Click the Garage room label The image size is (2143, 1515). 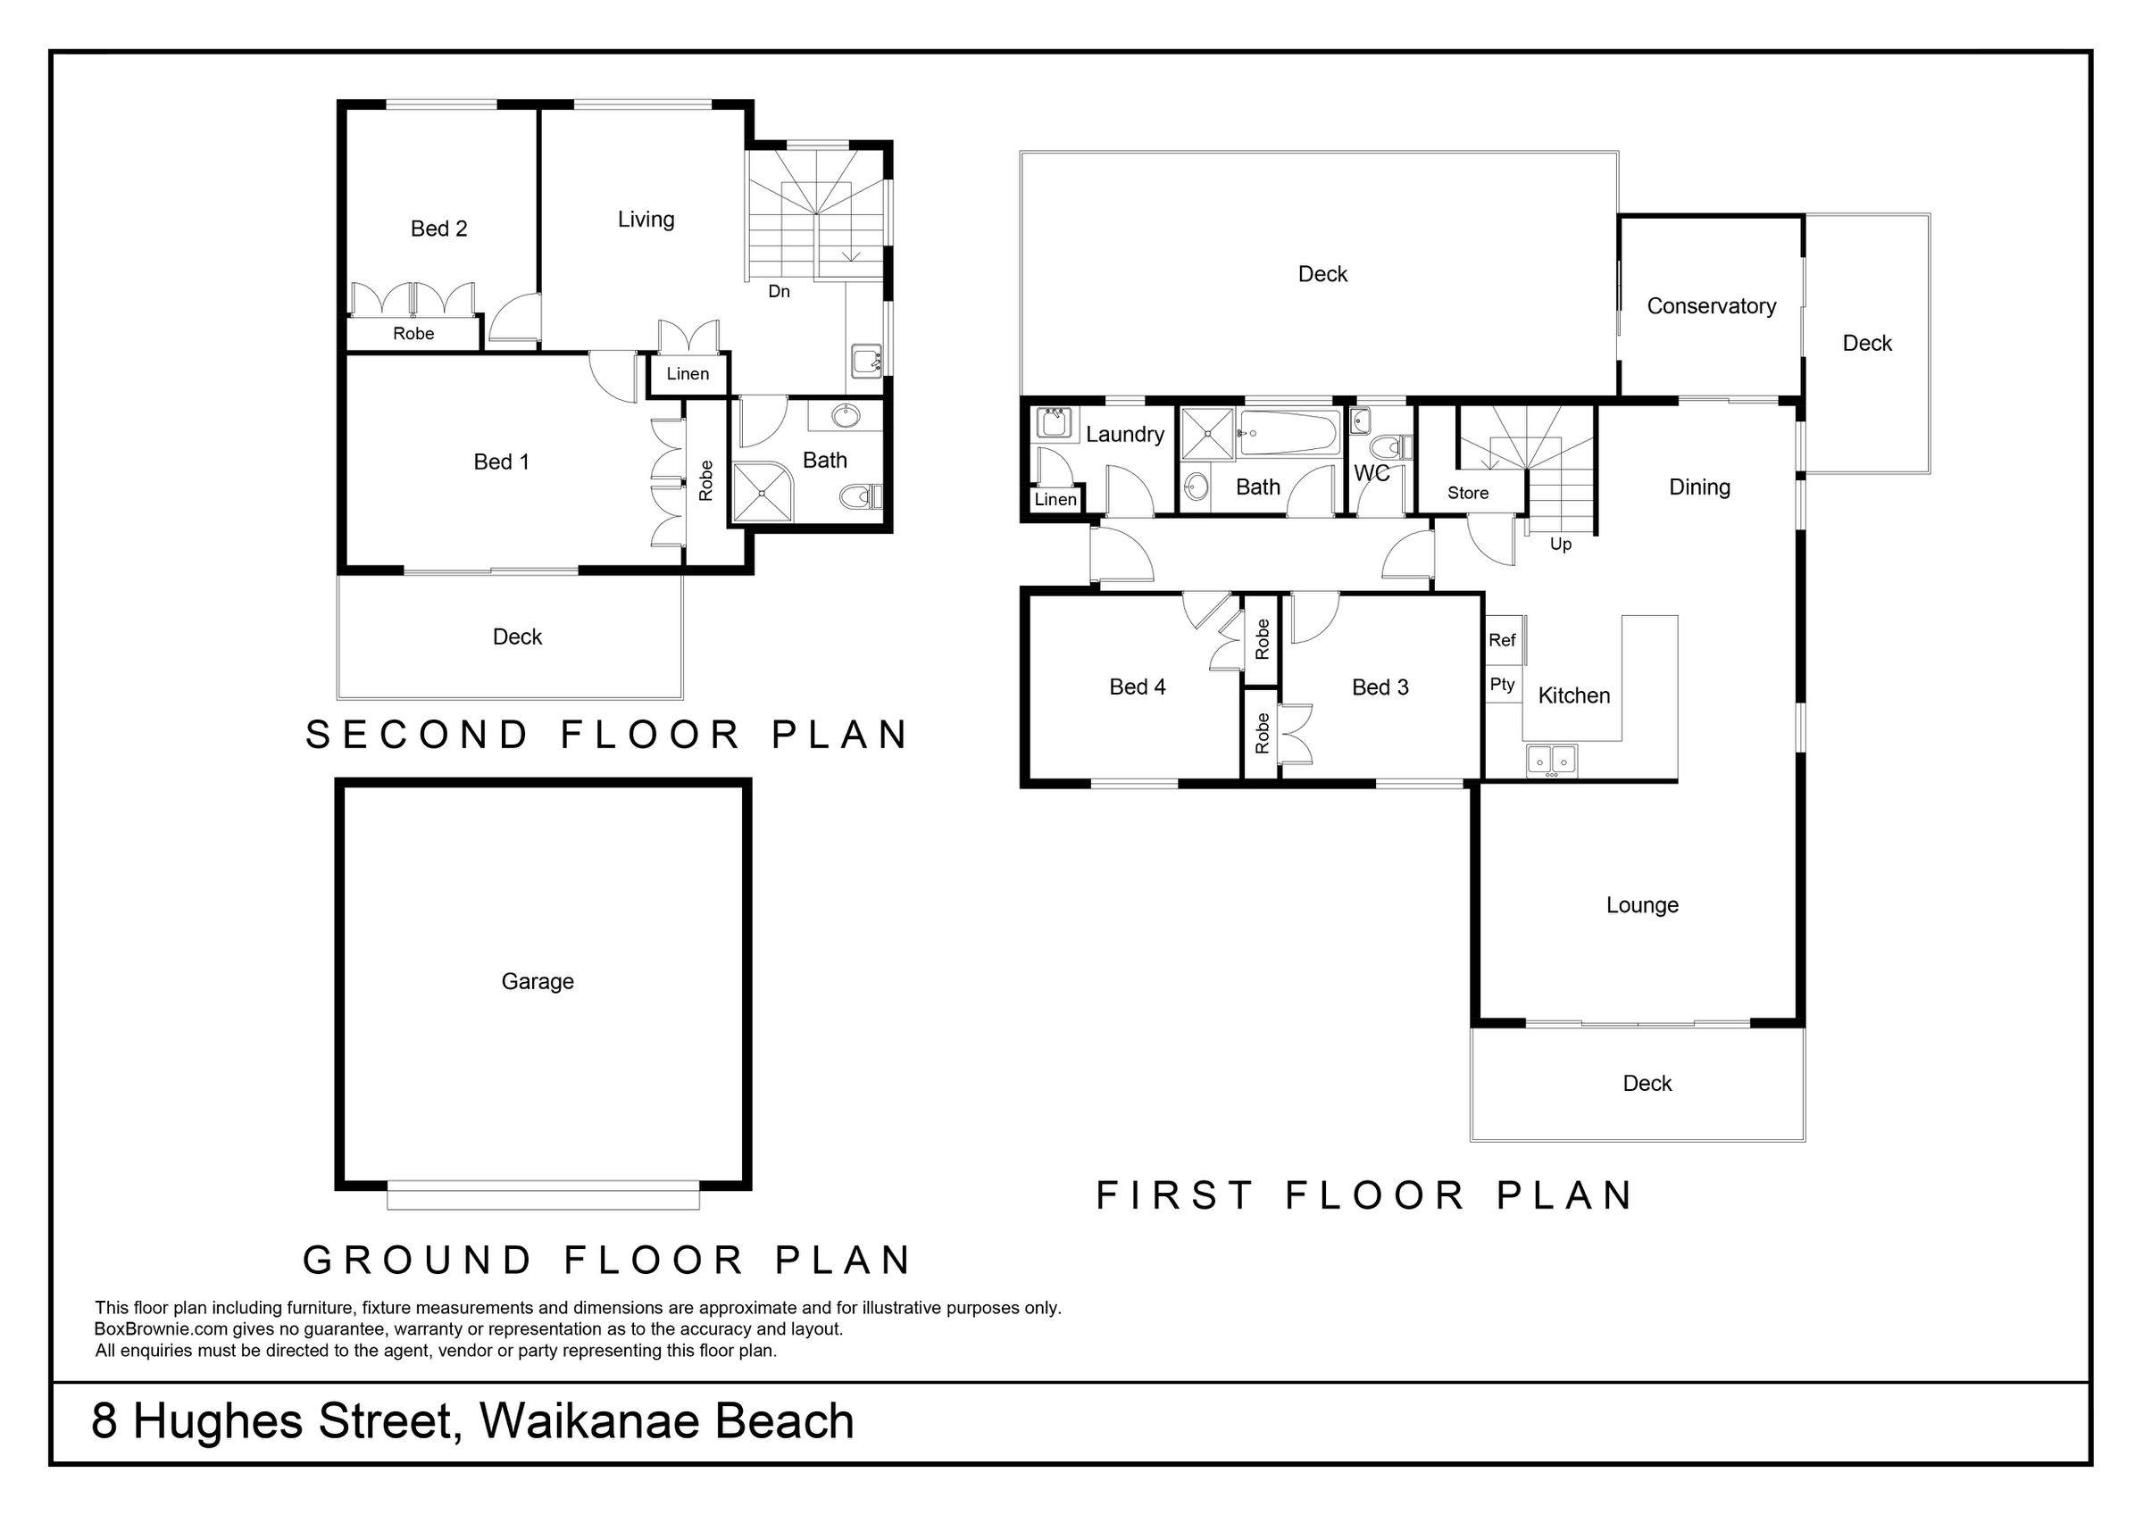click(538, 981)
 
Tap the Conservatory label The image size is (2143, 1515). click(1711, 306)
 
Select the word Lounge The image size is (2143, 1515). click(1642, 905)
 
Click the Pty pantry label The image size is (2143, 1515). click(1502, 684)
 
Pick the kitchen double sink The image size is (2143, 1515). click(1551, 761)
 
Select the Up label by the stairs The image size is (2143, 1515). click(1561, 545)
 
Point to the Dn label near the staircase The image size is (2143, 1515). click(780, 291)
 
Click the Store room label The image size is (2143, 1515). click(1468, 493)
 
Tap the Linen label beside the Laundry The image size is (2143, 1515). click(1055, 499)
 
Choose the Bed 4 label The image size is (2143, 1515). click(1137, 687)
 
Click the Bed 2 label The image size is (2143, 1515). click(438, 229)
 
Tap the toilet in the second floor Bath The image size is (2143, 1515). click(861, 496)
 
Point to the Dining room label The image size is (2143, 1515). click(1698, 487)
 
